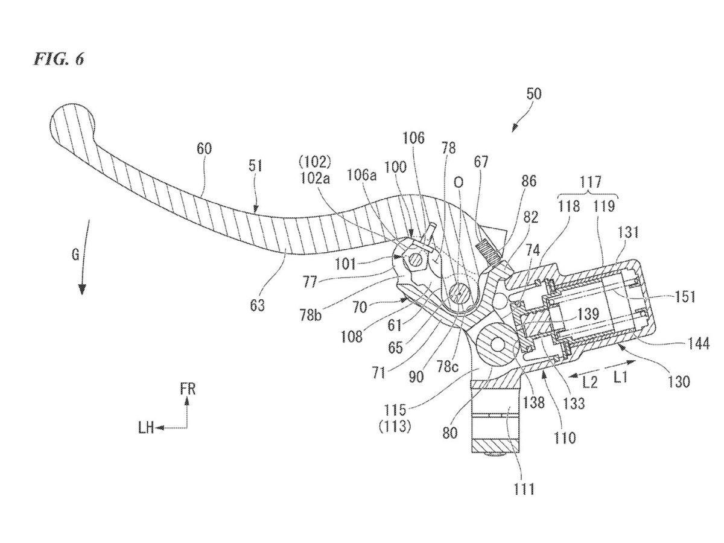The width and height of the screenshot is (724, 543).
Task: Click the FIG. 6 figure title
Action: coord(59,59)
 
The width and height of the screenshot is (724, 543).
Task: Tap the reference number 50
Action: coord(533,94)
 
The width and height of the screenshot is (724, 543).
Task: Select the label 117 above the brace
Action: coord(591,182)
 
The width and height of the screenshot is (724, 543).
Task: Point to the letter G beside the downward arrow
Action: coord(76,255)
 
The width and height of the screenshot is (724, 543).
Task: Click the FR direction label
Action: coord(188,389)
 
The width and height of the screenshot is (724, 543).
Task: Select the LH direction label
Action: coord(146,428)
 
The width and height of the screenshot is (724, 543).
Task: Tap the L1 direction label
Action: coord(620,377)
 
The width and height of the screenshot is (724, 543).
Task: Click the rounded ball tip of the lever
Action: coord(71,124)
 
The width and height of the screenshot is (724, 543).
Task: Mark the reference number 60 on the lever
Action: coord(203,149)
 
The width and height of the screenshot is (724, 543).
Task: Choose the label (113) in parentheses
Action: coord(395,428)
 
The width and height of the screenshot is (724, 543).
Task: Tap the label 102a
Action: coord(316,179)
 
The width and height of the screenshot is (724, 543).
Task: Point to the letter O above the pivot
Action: coord(459,183)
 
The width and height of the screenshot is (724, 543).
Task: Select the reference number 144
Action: coord(699,344)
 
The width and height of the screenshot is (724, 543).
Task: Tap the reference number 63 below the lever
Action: coord(257,305)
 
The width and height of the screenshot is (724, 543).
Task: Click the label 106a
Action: coord(362,176)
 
